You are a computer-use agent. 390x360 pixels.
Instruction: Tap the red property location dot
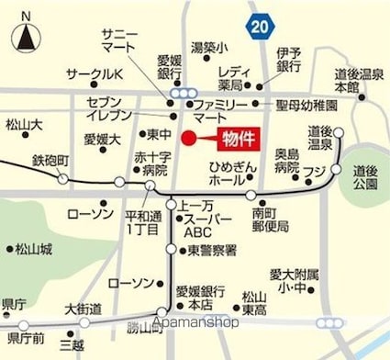coord(189,141)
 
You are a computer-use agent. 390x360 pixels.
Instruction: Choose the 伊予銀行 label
coord(288,61)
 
